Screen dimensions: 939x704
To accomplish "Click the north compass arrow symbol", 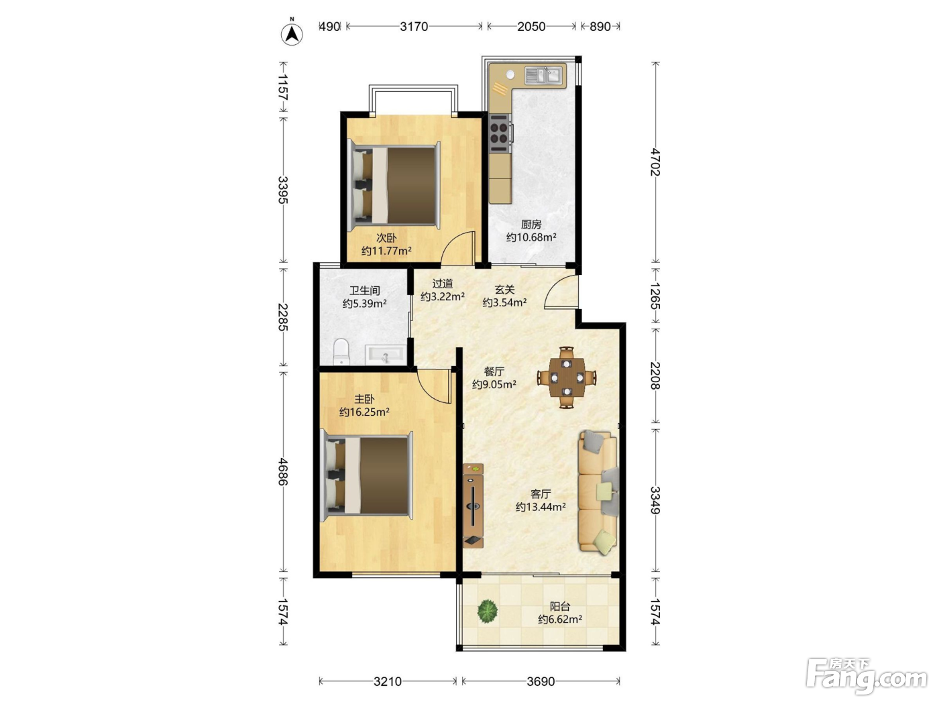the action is point(292,33).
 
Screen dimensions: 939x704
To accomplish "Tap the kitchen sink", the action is point(543,76).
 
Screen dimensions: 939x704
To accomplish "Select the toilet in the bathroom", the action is point(341,352).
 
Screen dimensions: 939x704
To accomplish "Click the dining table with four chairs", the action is point(567,377).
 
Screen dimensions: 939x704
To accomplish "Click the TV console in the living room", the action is point(473,506).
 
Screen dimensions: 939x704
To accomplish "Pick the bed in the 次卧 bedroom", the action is point(394,185).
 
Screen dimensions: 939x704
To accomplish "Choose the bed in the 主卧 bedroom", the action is point(367,476).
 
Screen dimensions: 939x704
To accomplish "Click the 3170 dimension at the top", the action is point(414,27).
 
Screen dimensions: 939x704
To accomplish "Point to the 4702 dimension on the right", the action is point(655,162).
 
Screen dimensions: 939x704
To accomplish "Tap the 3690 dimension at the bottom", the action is point(541,681).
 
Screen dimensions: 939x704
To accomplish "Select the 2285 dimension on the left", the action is point(283,317).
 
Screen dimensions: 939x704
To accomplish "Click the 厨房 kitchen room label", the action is point(531,224).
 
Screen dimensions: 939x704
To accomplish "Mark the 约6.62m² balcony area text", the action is point(560,619).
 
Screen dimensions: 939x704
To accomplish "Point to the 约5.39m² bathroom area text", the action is point(364,304).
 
